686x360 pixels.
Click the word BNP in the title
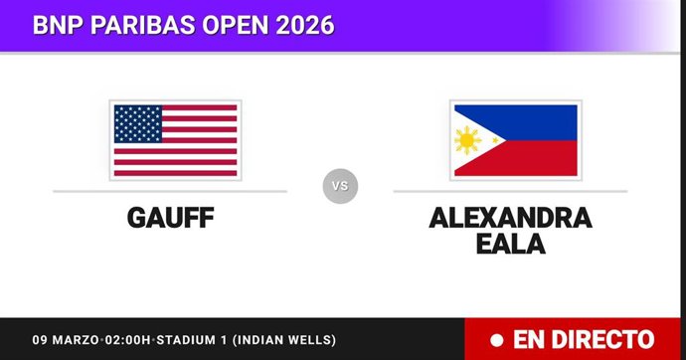click(x=57, y=24)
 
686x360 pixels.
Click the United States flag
click(x=175, y=139)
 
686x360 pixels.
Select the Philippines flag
click(x=513, y=139)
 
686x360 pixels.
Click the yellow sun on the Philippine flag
click(x=466, y=140)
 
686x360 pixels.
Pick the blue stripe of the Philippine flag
click(x=537, y=121)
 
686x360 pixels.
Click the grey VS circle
click(x=340, y=186)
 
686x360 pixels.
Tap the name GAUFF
click(x=170, y=218)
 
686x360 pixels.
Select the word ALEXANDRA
click(x=510, y=218)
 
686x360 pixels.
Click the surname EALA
click(x=510, y=244)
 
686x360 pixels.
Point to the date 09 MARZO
click(x=67, y=340)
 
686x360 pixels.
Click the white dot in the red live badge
click(x=494, y=339)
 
